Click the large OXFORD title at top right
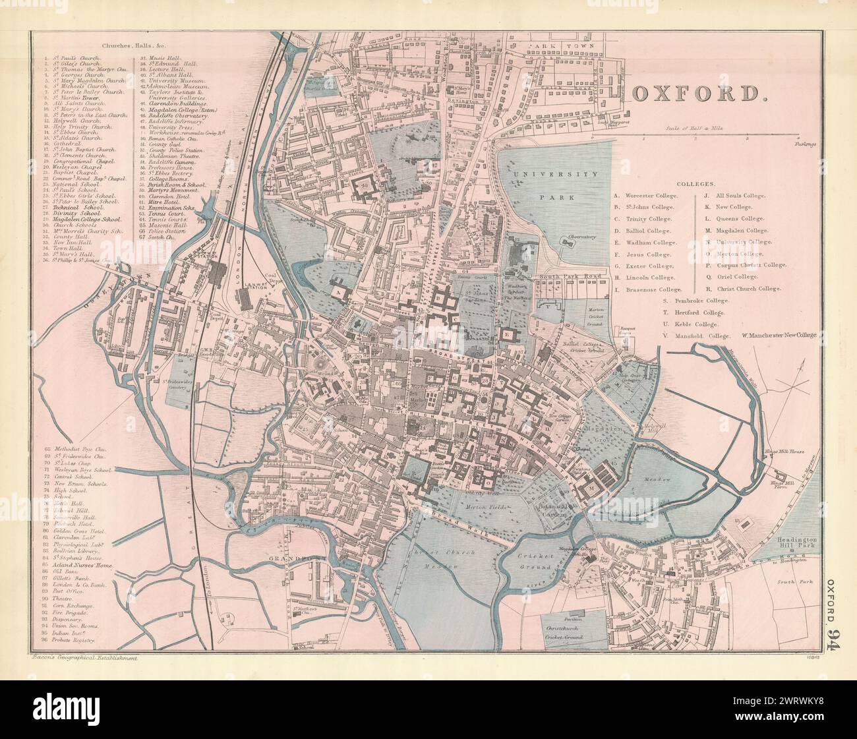coord(705,94)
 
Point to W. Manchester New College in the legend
coord(779,336)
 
